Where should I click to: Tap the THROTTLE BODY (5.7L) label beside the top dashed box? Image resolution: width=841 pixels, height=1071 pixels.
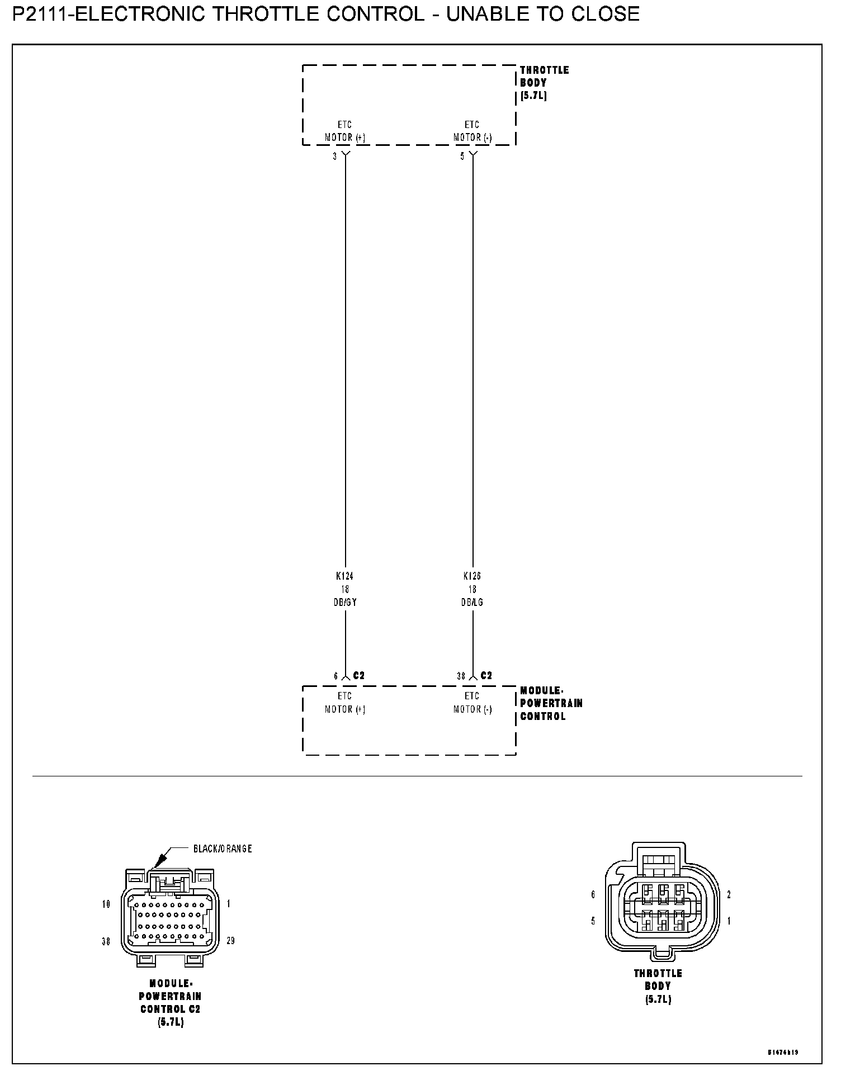544,83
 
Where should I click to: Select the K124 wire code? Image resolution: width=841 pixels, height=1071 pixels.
345,576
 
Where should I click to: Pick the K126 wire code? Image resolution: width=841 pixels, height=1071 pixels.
473,576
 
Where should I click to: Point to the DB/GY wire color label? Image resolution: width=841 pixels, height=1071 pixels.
346,603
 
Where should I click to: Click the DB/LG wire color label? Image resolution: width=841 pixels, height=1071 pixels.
473,603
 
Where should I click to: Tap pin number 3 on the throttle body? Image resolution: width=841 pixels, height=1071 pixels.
335,157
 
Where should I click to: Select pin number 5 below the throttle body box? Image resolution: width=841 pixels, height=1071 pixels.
462,157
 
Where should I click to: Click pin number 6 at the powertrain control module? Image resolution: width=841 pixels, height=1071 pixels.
336,676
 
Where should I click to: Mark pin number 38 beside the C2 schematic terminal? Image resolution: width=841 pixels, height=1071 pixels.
461,676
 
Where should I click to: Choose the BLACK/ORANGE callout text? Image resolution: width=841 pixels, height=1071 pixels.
223,849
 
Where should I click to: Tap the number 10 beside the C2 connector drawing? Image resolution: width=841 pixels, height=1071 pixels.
106,904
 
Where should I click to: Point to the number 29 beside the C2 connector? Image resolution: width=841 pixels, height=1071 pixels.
231,941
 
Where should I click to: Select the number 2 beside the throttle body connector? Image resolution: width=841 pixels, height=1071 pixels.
729,895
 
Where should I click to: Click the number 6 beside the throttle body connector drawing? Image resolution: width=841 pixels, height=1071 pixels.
593,895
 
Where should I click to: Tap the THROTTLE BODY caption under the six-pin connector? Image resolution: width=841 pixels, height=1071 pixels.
658,986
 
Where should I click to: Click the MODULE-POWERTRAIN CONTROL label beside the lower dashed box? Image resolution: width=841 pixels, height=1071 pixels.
551,704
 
